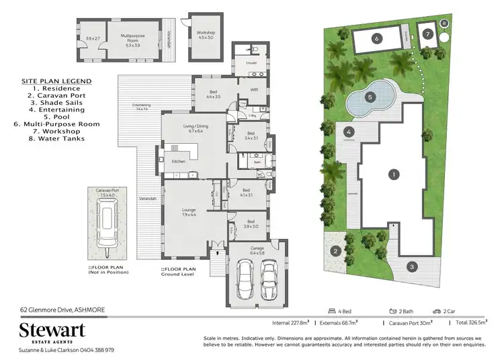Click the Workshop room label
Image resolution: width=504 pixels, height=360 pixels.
point(206,35)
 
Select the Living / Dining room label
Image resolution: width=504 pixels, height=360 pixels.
point(196,128)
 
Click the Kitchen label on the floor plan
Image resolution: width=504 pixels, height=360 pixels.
point(178,162)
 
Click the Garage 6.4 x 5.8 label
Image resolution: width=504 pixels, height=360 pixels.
point(258,252)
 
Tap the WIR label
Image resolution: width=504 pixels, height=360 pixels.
point(254,89)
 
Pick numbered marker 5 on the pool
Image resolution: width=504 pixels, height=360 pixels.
point(370,97)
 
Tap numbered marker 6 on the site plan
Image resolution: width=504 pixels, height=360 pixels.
point(377,40)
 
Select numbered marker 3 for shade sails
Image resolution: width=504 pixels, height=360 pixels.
point(411,267)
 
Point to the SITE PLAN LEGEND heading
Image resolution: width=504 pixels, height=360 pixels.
point(56,81)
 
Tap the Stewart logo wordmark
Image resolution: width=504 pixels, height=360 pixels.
point(52,331)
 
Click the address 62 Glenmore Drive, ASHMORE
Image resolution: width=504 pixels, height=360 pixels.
point(62,310)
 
